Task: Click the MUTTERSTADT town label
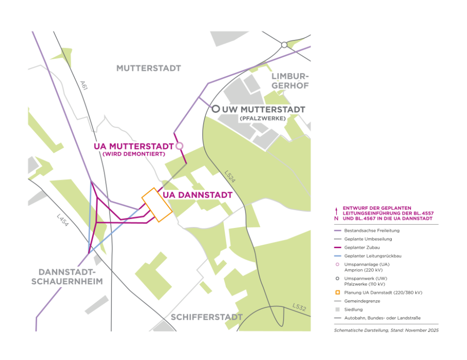[x=148, y=68]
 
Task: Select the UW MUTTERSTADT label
[x=263, y=109]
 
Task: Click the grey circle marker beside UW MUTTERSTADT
[x=216, y=109]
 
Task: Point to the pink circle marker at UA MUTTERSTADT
[x=179, y=146]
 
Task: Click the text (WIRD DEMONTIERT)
[x=134, y=154]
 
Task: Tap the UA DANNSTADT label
[x=198, y=195]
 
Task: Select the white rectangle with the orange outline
[x=156, y=205]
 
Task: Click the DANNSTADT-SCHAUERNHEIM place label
[x=67, y=277]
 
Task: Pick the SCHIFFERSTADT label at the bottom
[x=206, y=317]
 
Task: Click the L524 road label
[x=230, y=176]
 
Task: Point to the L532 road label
[x=299, y=307]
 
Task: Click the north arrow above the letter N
[x=336, y=210]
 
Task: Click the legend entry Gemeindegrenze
[x=362, y=301]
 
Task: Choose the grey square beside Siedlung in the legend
[x=338, y=309]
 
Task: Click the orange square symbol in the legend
[x=338, y=292]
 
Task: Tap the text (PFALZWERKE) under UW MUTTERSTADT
[x=262, y=119]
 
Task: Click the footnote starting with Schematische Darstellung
[x=386, y=331]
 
